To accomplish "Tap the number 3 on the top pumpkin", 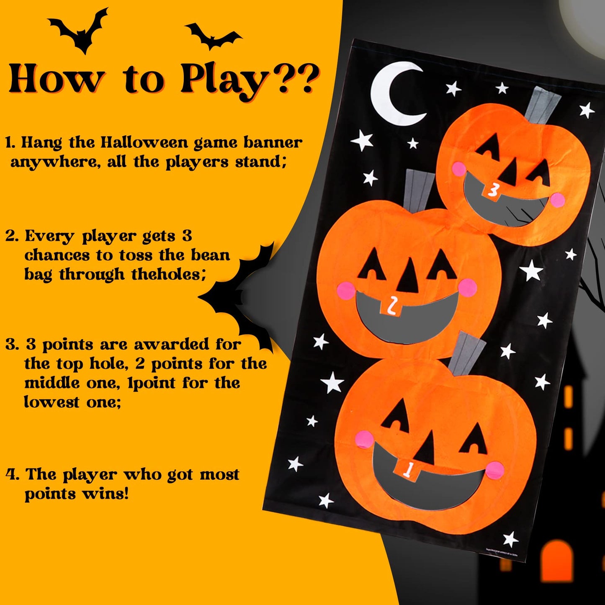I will [493, 190].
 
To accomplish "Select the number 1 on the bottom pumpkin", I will [407, 469].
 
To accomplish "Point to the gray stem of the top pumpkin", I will [542, 105].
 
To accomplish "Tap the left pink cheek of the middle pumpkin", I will [345, 290].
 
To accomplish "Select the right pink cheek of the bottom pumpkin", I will [495, 470].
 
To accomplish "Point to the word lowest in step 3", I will [51, 402].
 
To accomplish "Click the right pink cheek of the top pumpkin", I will [557, 200].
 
